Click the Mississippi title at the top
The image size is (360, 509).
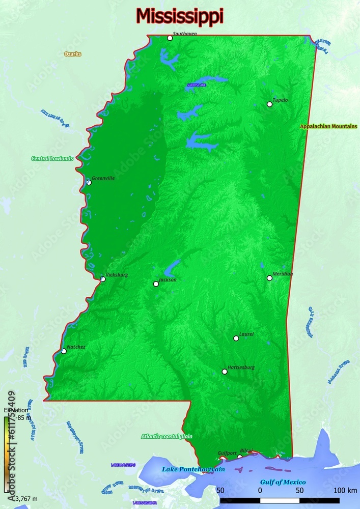180,16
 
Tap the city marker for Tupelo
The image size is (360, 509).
269,104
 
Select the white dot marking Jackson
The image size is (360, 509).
156,284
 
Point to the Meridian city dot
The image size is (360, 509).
269,278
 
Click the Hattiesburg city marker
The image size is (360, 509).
225,372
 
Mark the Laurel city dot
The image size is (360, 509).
236,338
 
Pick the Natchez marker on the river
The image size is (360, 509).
64,351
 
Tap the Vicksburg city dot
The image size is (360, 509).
103,279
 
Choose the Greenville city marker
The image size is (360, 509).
89,182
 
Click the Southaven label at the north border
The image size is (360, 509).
184,34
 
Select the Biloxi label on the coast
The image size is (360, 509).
246,450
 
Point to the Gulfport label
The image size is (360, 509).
227,453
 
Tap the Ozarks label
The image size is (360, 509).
73,54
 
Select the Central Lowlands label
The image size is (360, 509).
52,158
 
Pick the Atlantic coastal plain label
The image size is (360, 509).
167,436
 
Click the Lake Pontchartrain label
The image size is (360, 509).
193,469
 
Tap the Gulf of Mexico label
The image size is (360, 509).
283,482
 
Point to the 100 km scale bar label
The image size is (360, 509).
346,490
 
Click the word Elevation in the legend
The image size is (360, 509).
16,410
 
